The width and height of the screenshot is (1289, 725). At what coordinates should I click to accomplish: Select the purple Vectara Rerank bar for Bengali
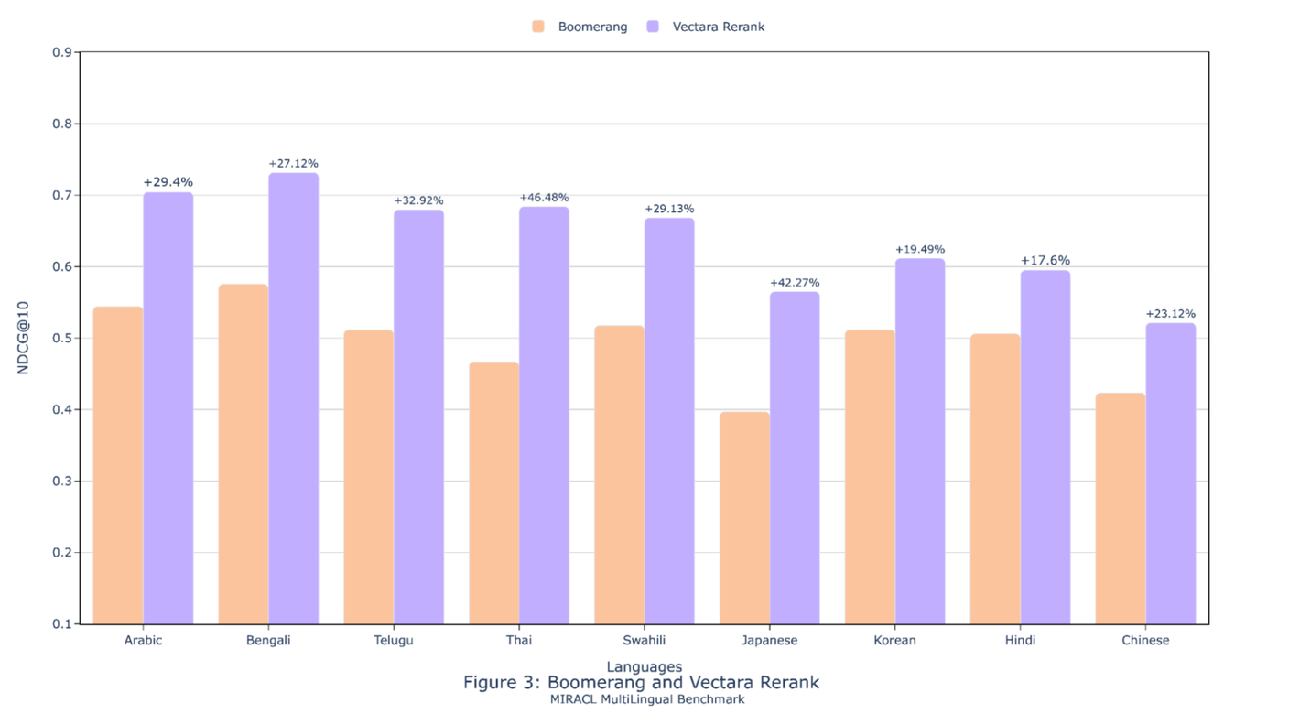click(293, 398)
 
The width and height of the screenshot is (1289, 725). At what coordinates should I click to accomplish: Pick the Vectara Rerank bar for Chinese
click(1170, 473)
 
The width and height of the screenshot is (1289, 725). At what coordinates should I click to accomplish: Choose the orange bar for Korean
click(870, 476)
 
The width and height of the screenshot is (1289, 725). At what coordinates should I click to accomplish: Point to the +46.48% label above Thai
click(544, 198)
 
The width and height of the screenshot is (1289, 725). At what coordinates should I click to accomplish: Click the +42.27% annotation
click(795, 283)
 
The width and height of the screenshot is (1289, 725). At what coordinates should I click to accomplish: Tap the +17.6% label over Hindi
click(1045, 261)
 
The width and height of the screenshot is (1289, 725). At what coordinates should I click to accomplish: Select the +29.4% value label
click(168, 183)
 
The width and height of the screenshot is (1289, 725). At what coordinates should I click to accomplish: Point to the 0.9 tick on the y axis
click(63, 52)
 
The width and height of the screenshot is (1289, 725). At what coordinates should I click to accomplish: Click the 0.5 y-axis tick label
click(63, 339)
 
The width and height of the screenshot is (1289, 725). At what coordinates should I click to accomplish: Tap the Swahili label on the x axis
click(644, 641)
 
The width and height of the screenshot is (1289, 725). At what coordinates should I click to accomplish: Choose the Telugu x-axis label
click(394, 641)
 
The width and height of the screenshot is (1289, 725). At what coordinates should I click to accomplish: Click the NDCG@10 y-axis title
click(24, 338)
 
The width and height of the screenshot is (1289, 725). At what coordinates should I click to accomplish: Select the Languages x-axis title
click(644, 666)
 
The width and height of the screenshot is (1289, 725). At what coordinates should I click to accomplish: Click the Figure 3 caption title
click(641, 683)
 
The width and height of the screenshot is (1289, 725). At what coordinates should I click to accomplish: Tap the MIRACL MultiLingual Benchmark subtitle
click(647, 699)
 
